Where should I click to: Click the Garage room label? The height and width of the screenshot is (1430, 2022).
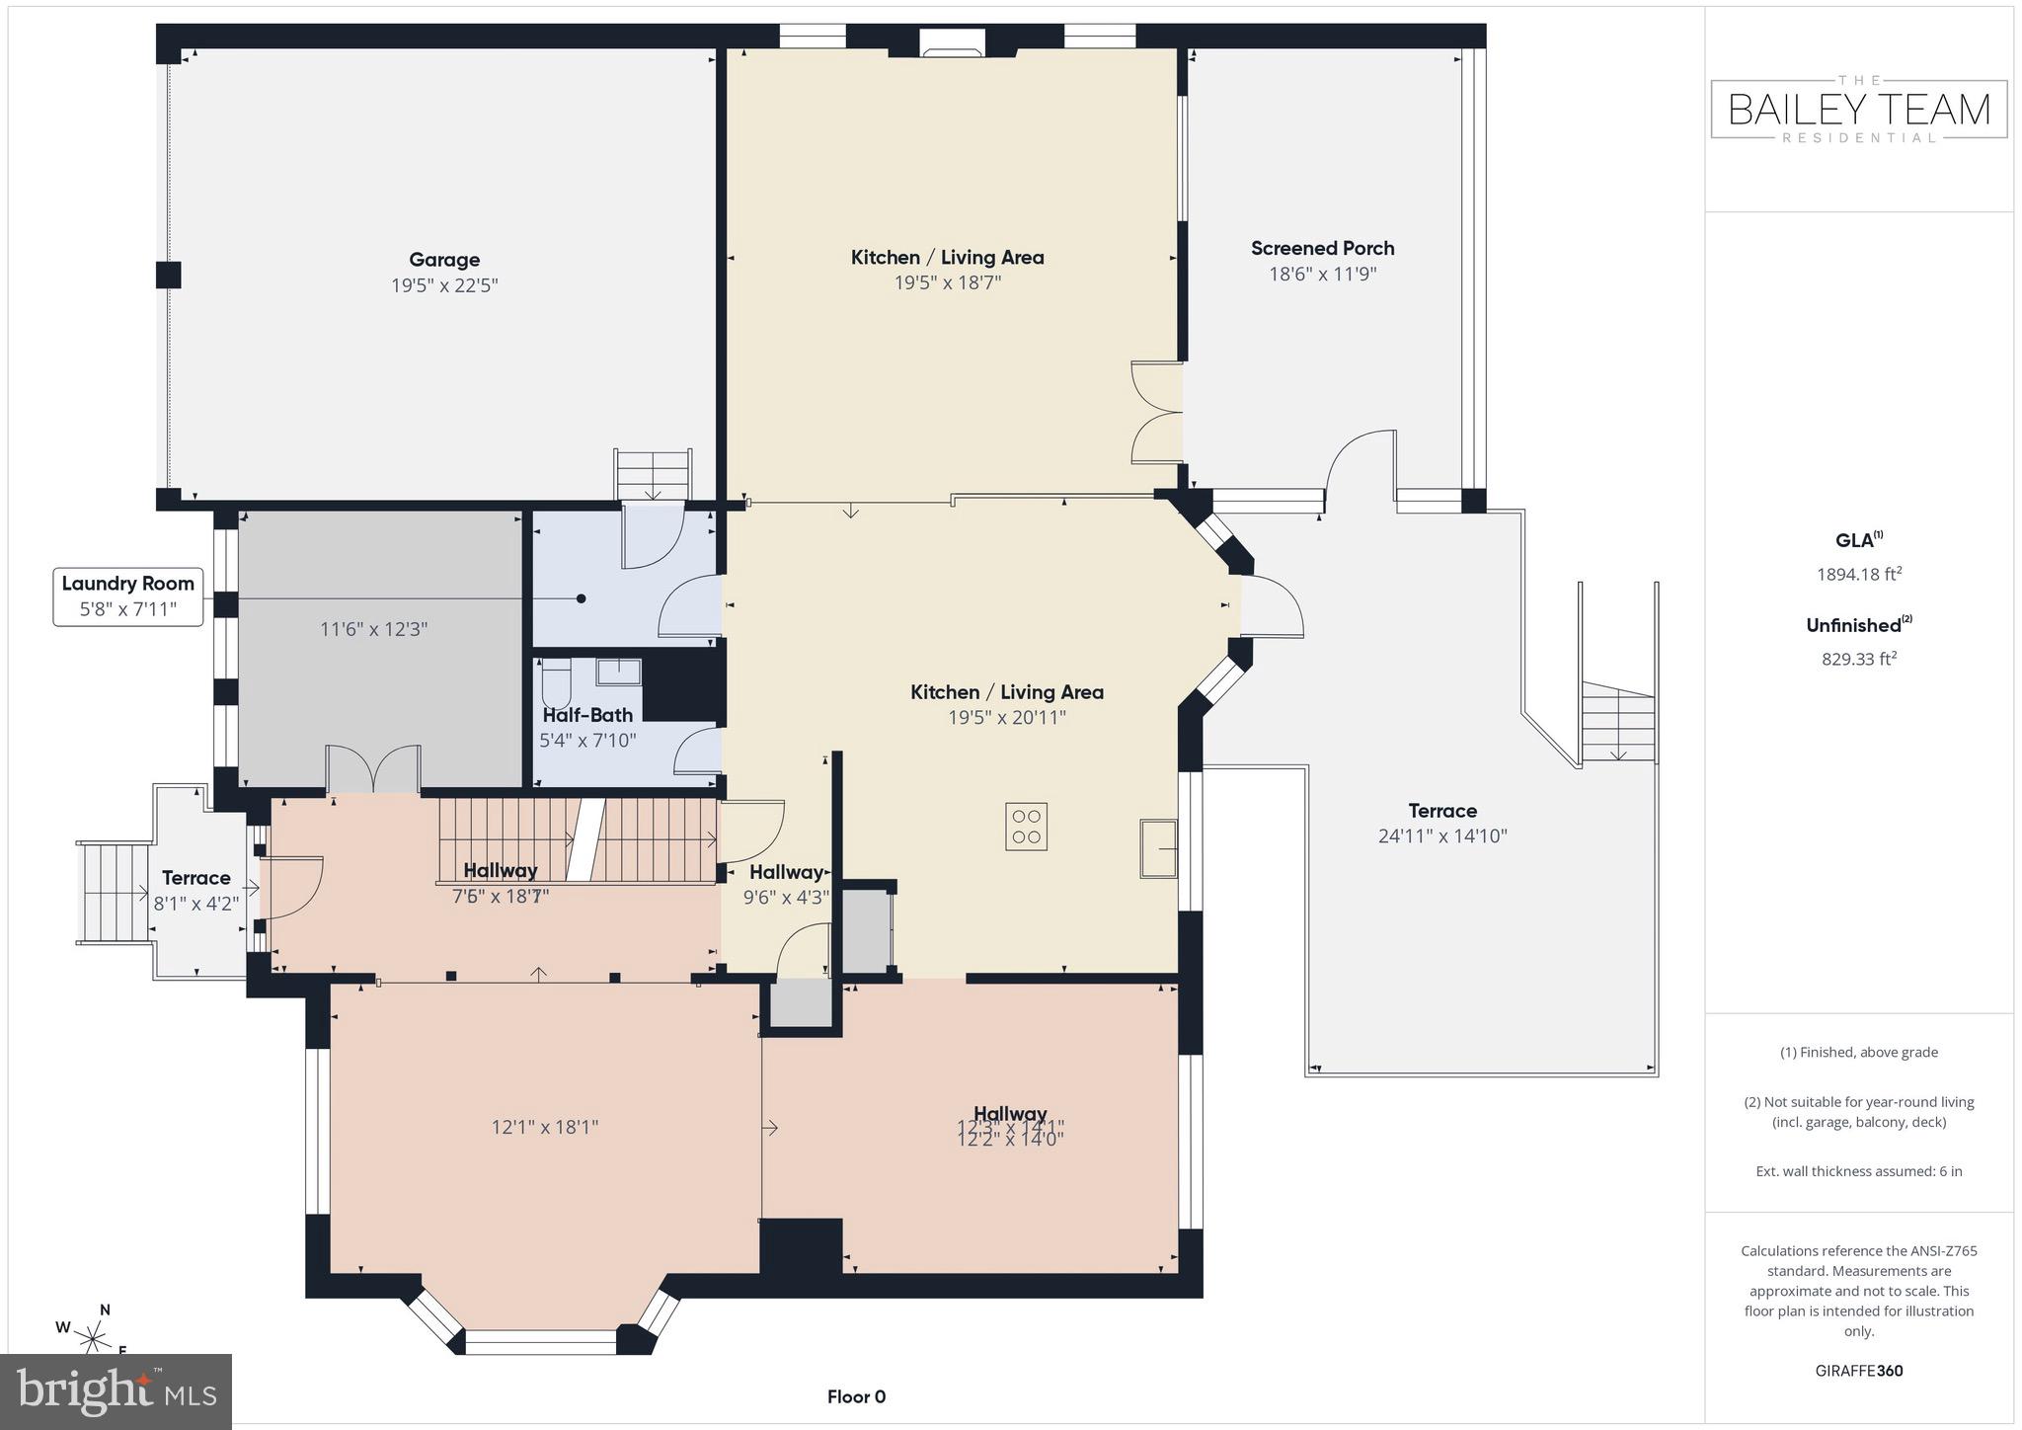pyautogui.click(x=444, y=260)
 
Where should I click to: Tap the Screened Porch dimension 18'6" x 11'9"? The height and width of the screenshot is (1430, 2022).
pyautogui.click(x=1322, y=274)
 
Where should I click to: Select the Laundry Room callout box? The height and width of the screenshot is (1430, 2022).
pyautogui.click(x=128, y=596)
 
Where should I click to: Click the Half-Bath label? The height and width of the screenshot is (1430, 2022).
pyautogui.click(x=587, y=715)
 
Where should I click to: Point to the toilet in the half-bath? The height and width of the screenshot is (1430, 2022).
pyautogui.click(x=557, y=680)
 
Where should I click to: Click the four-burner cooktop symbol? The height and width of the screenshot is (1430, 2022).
pyautogui.click(x=1027, y=827)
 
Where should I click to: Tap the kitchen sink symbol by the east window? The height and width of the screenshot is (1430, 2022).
pyautogui.click(x=1159, y=848)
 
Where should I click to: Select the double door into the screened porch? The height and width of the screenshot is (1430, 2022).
pyautogui.click(x=1155, y=412)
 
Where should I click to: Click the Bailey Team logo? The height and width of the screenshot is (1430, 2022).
pyautogui.click(x=1858, y=109)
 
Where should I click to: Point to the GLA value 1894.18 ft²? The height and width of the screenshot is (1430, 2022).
pyautogui.click(x=1859, y=574)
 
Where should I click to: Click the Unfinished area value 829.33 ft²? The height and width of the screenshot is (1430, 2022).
pyautogui.click(x=1859, y=659)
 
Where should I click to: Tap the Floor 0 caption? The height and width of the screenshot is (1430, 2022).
pyautogui.click(x=856, y=1396)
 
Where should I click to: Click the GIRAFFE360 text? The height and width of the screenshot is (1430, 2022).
pyautogui.click(x=1858, y=1371)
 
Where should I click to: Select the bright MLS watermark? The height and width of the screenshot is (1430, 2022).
pyautogui.click(x=117, y=1390)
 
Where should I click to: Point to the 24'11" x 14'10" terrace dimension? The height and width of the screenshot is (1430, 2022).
pyautogui.click(x=1442, y=836)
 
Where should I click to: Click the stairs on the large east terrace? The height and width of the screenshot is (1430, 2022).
pyautogui.click(x=1617, y=725)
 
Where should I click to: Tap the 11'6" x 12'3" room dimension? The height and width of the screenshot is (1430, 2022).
pyautogui.click(x=373, y=629)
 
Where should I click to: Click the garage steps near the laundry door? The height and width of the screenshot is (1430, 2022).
pyautogui.click(x=653, y=474)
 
